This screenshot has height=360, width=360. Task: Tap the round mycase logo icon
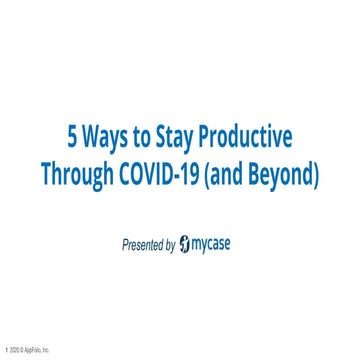(199, 243)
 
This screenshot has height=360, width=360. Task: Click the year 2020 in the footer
(13, 351)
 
